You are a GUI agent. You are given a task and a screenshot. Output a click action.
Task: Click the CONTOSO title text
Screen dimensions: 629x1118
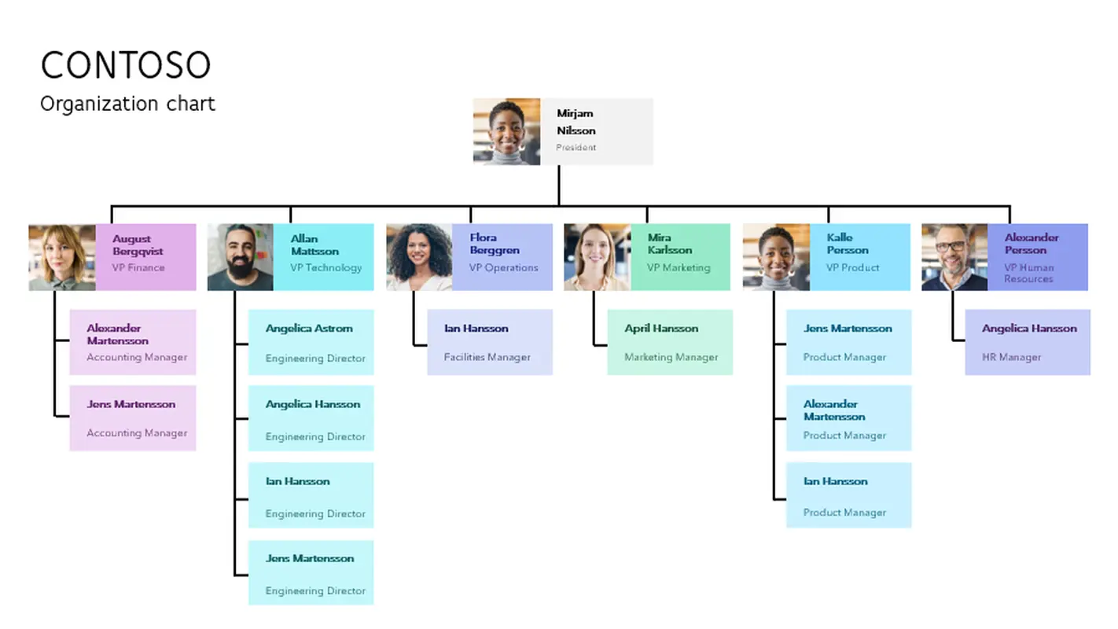coord(126,65)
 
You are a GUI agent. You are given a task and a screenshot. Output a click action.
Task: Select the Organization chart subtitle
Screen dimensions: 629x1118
coord(127,104)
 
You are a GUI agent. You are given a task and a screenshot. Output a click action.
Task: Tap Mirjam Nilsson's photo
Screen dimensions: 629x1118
coord(506,131)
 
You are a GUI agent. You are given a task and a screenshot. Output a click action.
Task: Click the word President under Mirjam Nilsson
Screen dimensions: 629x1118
coord(576,148)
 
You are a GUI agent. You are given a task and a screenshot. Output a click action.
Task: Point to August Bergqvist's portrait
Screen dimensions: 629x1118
coord(62,257)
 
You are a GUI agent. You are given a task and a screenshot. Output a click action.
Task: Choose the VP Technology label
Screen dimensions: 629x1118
coord(326,267)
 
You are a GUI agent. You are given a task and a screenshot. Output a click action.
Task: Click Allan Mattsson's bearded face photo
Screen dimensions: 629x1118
coord(241,257)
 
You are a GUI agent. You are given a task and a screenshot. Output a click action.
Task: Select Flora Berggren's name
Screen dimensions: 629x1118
coord(494,244)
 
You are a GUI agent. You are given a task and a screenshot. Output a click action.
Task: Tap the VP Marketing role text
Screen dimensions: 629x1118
coord(679,267)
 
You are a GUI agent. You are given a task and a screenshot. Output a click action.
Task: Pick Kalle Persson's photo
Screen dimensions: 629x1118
coord(776,257)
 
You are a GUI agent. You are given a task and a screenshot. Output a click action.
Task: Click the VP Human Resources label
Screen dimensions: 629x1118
coord(1028,273)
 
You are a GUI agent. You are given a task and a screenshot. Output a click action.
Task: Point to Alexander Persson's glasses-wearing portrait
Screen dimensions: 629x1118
coord(954,257)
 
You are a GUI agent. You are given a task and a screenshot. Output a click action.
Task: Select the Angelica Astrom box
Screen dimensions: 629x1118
coord(311,342)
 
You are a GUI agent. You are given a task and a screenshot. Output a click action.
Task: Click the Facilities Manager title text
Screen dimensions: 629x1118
coord(487,357)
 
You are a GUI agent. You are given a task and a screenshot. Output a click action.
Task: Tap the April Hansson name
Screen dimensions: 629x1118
coord(661,329)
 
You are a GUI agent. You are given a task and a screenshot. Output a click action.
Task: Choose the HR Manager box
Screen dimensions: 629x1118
coord(1028,342)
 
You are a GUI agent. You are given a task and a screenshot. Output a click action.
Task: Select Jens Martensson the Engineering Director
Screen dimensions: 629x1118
coord(311,572)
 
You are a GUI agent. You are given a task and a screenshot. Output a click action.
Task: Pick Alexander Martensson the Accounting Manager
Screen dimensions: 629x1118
coord(133,342)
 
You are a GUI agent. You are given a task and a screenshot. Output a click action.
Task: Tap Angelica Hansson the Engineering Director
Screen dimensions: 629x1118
coord(311,418)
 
